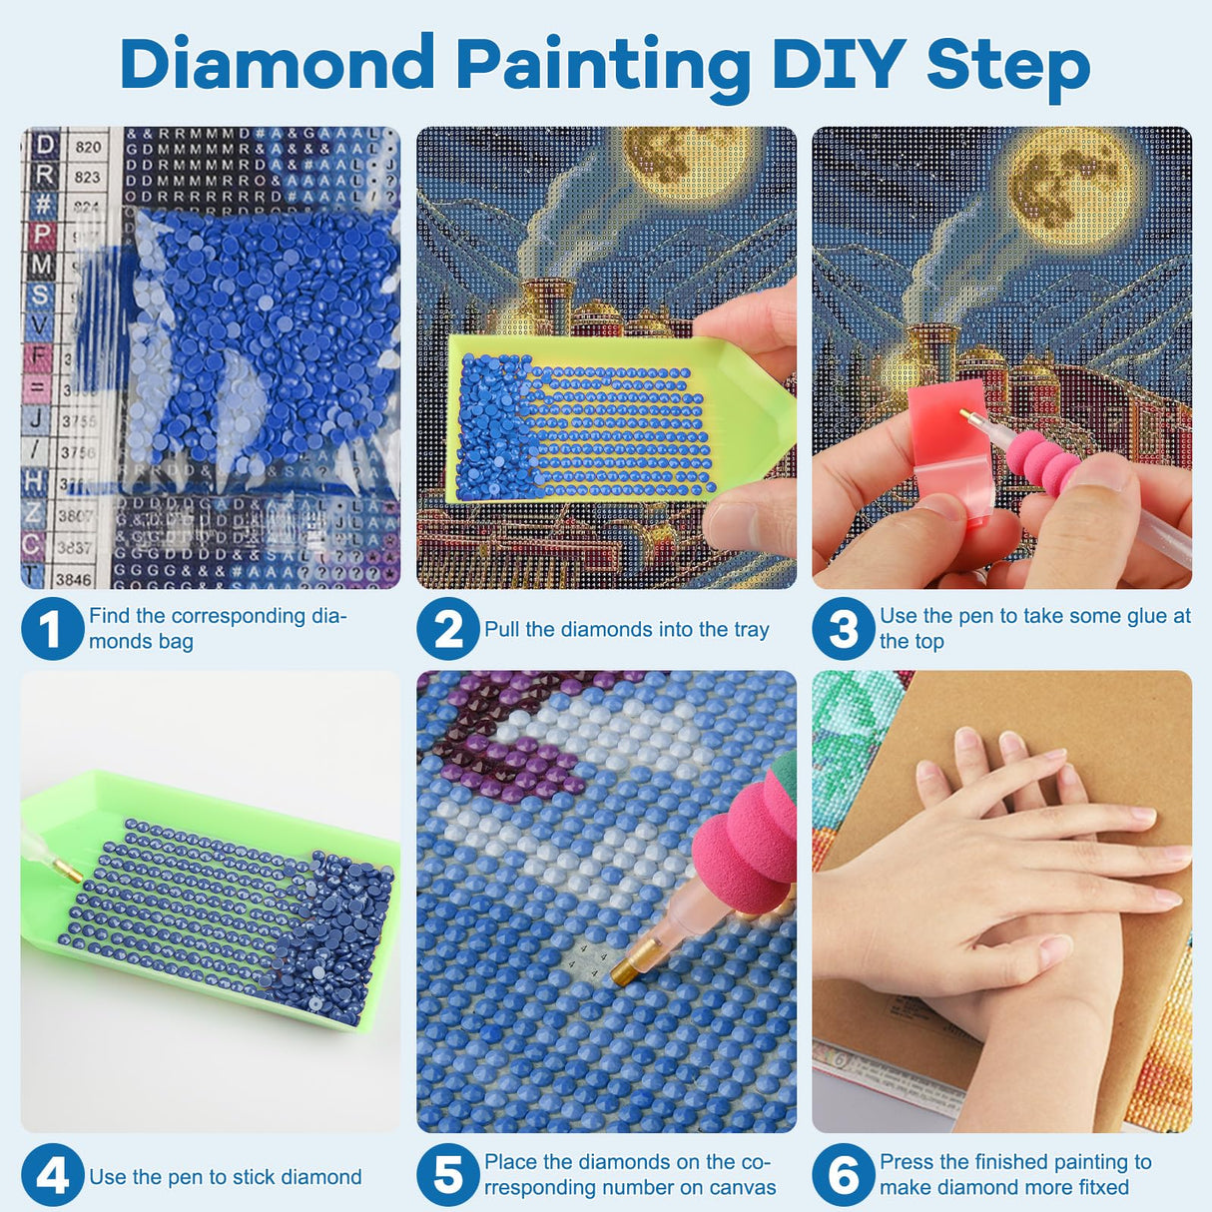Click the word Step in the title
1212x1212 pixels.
click(x=1007, y=66)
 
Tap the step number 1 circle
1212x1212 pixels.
click(x=52, y=629)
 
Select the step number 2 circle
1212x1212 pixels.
click(x=448, y=629)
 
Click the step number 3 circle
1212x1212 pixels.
click(x=844, y=629)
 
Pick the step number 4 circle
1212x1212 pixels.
click(x=52, y=1175)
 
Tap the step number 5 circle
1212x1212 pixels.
click(x=448, y=1175)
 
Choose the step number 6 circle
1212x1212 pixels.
click(x=844, y=1175)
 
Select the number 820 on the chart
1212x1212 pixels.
click(x=88, y=147)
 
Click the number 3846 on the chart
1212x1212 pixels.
click(x=73, y=578)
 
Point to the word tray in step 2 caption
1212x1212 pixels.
click(x=751, y=630)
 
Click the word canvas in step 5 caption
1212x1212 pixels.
click(x=744, y=1188)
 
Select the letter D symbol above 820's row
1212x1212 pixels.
click(x=44, y=146)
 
